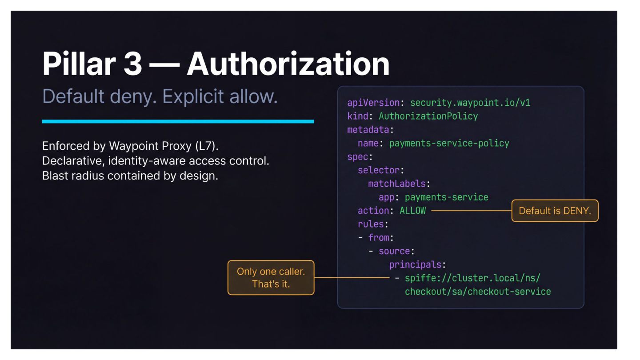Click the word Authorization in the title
[x=288, y=64]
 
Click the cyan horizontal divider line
[x=178, y=121]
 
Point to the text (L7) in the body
[x=207, y=146]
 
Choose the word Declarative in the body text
[x=73, y=161]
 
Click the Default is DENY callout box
[x=555, y=211]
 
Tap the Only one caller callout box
[x=271, y=277]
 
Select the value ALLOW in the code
[x=412, y=211]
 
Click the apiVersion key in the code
[x=373, y=103]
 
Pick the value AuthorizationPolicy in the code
[x=428, y=116]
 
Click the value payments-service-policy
[x=449, y=143]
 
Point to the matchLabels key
[x=397, y=184]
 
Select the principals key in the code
[x=415, y=265]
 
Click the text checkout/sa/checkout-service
[x=478, y=292]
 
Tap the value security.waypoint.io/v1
[x=470, y=103]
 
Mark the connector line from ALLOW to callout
[x=472, y=211]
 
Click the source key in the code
[x=394, y=251]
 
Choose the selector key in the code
[x=379, y=170]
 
